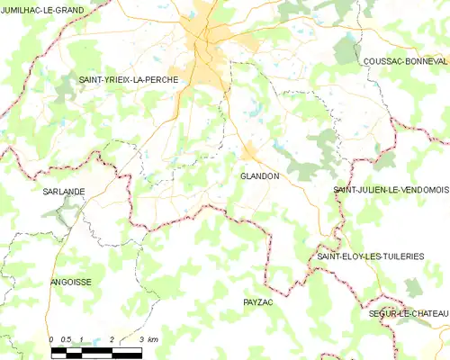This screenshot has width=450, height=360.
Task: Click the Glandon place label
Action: click(259, 176)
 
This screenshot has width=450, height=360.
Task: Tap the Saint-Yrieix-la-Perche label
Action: click(129, 80)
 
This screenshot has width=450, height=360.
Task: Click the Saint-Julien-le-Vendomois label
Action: click(391, 190)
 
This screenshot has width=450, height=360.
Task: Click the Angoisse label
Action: click(71, 282)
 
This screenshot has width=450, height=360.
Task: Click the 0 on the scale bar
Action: click(51, 339)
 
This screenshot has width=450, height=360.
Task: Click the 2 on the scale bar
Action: click(111, 339)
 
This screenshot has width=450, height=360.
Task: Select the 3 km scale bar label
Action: click(148, 339)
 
